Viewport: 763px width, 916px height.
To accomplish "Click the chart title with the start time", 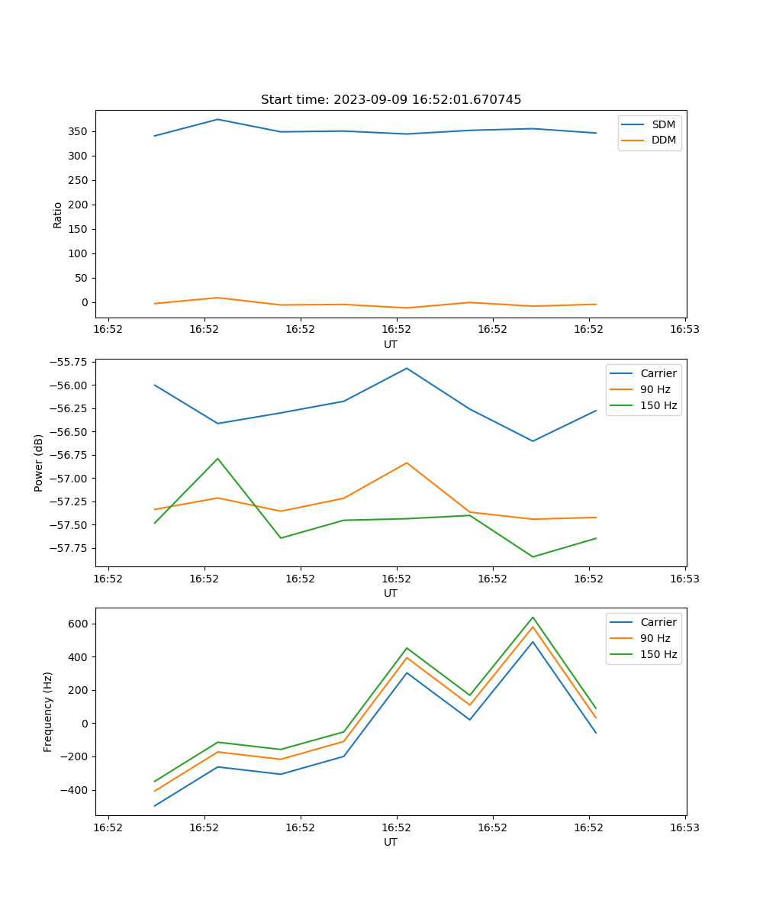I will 391,100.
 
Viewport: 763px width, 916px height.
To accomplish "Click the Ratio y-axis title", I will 58,214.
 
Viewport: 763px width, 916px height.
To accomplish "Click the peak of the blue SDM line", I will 217,119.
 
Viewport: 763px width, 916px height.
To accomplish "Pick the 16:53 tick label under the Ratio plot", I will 684,330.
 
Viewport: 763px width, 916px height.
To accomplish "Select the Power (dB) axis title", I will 39,463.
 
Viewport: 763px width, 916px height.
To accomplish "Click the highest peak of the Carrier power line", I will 407,368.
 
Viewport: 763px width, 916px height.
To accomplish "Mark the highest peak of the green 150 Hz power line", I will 217,459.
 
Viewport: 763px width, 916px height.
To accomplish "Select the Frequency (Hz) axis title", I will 48,711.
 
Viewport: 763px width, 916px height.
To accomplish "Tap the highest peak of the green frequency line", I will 533,618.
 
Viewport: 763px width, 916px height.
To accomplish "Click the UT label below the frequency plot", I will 391,842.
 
